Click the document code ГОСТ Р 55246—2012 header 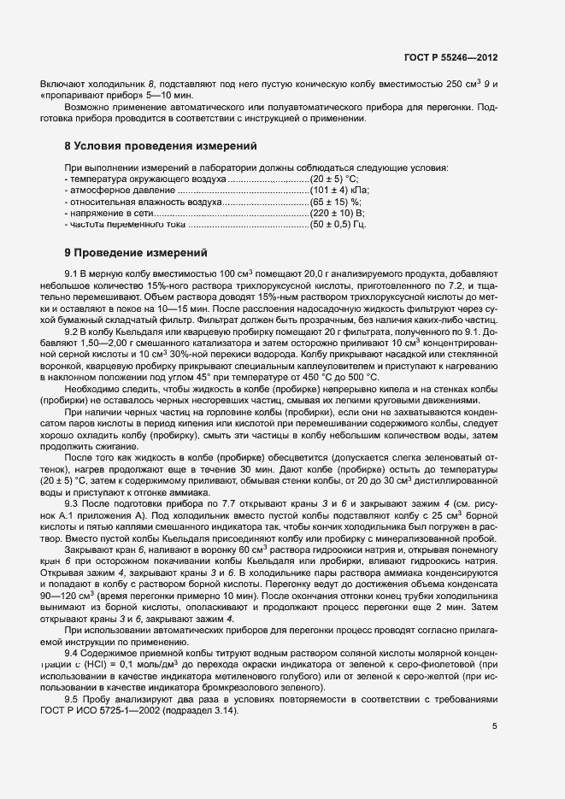(x=450, y=57)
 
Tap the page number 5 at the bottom (x=495, y=726)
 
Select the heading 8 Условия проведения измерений (x=161, y=146)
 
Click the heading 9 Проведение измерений (x=137, y=253)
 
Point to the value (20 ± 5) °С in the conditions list (x=338, y=179)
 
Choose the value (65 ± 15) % (x=335, y=201)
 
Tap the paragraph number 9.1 (x=72, y=271)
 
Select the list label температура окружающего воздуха (x=147, y=179)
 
